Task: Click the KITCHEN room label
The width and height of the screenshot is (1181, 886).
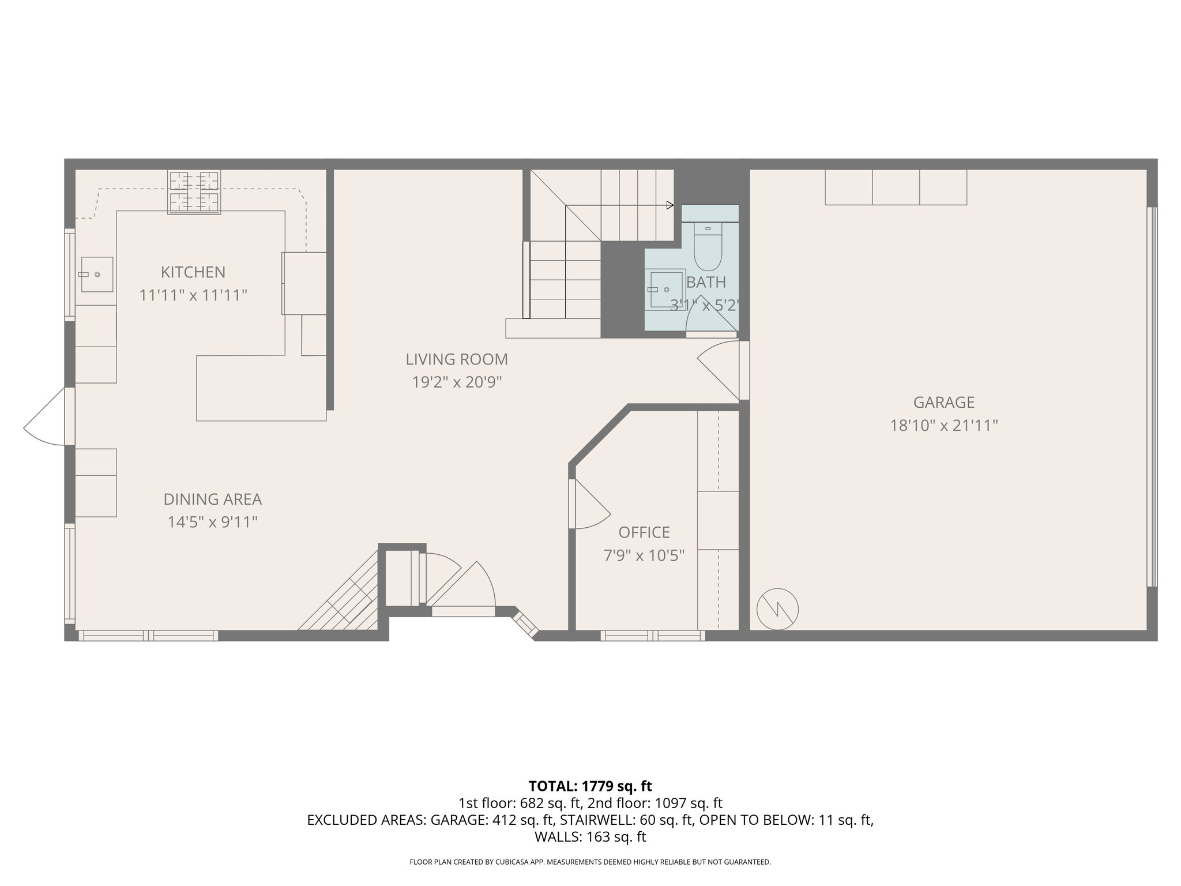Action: (193, 272)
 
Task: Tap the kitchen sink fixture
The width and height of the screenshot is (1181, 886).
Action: (96, 275)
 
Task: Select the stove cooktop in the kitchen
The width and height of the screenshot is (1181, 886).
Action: (194, 192)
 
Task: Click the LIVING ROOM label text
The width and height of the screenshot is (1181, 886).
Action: (456, 359)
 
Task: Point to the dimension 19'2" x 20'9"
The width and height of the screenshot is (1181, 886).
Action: (456, 382)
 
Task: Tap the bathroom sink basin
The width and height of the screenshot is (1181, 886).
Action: (667, 288)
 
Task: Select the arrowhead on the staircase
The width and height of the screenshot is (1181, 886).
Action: (670, 205)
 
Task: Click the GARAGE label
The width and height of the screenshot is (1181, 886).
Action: (943, 403)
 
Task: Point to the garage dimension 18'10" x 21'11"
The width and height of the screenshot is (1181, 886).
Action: (943, 426)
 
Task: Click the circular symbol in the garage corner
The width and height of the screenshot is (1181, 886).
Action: (777, 609)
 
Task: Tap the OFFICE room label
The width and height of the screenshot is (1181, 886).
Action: (644, 532)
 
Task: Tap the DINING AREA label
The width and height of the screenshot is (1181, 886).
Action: (212, 500)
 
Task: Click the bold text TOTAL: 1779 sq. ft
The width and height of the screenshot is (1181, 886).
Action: (590, 786)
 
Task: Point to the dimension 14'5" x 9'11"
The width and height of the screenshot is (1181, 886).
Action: (212, 523)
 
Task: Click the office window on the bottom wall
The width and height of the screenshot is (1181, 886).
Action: (652, 635)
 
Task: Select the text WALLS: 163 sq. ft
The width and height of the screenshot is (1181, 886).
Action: (590, 837)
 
